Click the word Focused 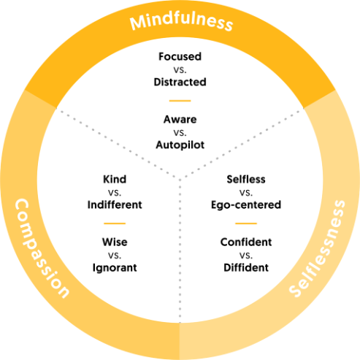coord(180,56)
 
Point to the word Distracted coord(180,82)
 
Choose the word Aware coord(180,119)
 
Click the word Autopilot coord(180,145)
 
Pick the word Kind coord(115,180)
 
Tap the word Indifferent coord(115,204)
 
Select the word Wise coord(115,242)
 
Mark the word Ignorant coord(115,268)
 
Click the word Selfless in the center coord(246,180)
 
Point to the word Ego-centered coord(246,205)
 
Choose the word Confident coord(246,242)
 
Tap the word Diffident coord(246,267)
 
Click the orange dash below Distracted coord(180,101)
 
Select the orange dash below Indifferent coord(115,223)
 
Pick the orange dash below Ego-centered coord(246,223)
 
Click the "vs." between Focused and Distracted coord(180,70)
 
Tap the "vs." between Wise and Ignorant coord(115,256)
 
